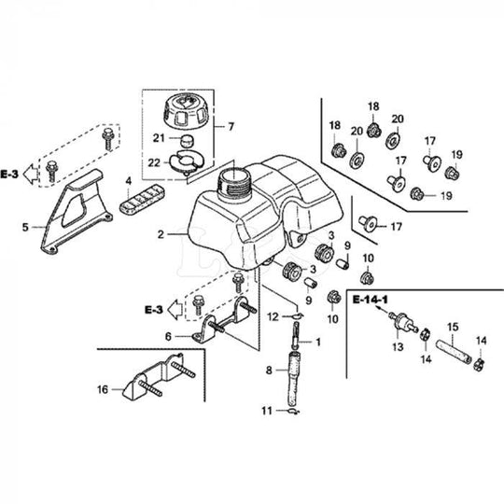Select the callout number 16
click(102, 388)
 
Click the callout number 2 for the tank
click(161, 234)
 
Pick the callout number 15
click(452, 327)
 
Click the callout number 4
click(128, 180)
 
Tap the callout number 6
click(168, 337)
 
